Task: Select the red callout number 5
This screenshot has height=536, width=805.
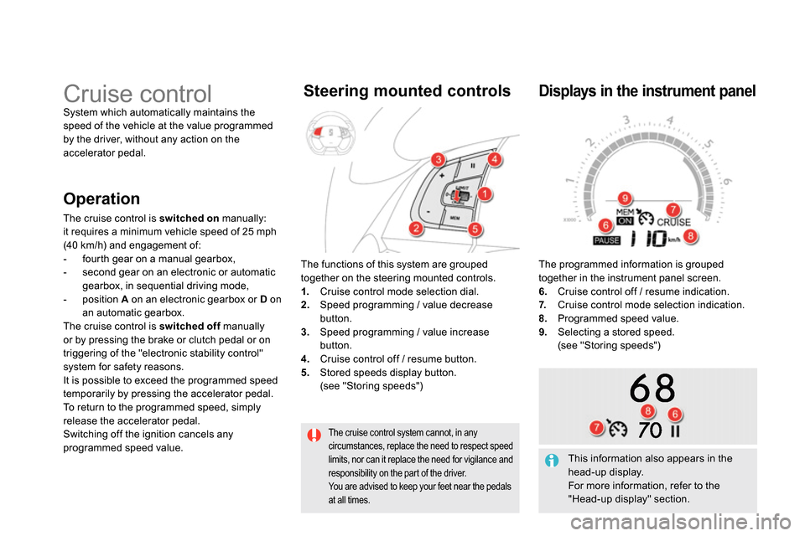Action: [474, 229]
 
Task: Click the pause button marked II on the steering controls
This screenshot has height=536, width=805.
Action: [472, 167]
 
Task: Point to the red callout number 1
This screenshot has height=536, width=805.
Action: [484, 194]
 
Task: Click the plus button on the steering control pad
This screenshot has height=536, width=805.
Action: [441, 176]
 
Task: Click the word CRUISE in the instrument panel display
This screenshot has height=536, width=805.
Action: [673, 222]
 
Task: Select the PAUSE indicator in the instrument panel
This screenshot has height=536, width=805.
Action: [606, 240]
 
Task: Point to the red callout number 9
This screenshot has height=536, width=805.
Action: [625, 198]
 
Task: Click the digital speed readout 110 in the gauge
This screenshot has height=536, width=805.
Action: [644, 240]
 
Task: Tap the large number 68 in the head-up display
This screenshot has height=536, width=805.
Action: [652, 389]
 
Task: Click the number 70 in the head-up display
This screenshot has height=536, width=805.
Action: [650, 430]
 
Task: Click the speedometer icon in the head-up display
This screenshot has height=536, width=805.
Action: [616, 428]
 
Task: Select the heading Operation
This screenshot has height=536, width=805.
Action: [101, 198]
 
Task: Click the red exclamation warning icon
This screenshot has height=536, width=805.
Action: [314, 435]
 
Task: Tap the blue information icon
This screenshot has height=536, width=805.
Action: [552, 460]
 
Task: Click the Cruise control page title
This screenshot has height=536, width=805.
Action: [138, 93]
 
